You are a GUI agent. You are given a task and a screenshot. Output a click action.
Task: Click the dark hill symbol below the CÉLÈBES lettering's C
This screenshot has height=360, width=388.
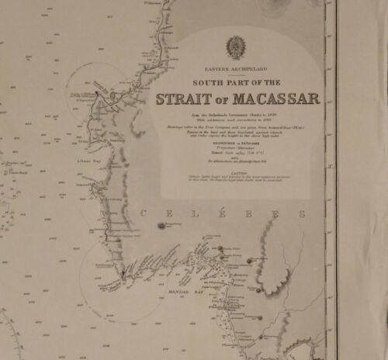pos(161,226)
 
